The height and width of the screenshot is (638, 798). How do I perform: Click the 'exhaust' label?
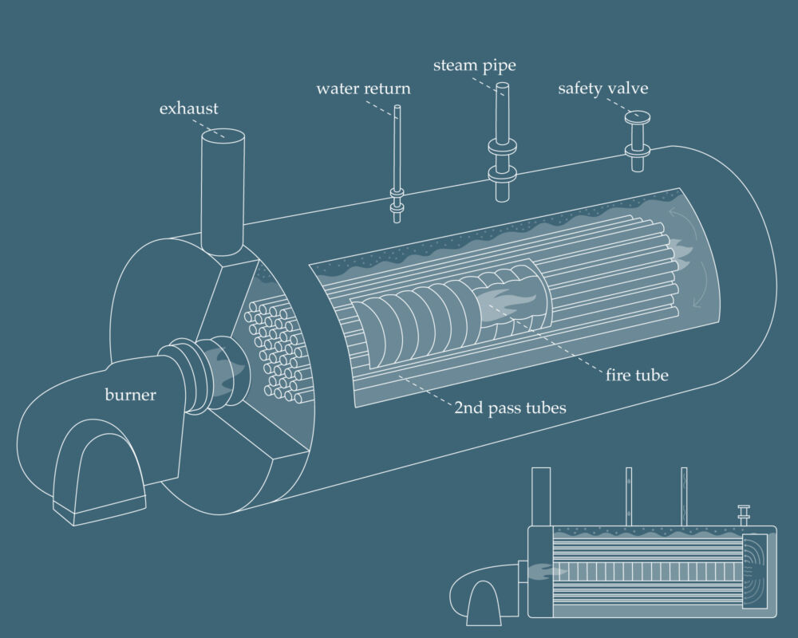coord(188,108)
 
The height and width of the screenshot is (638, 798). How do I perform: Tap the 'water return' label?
coord(363,89)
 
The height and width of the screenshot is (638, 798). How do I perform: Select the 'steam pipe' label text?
coord(474,65)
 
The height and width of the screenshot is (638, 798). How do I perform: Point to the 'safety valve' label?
coord(602,89)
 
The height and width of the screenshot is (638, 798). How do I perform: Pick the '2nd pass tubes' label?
coord(510,408)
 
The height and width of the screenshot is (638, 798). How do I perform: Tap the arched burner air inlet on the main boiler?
coord(97,471)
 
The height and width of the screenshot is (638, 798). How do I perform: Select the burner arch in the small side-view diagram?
coord(484,603)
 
